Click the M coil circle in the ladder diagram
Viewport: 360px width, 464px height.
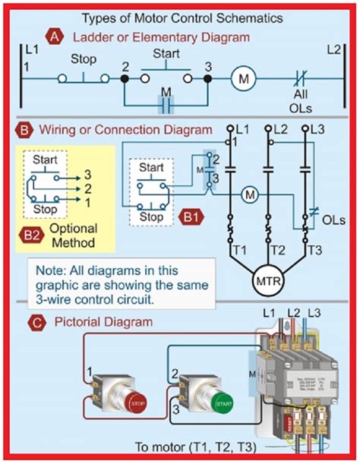click(x=244, y=78)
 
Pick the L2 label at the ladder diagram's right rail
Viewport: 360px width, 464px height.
click(x=336, y=50)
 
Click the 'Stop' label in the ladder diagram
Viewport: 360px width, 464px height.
click(x=83, y=58)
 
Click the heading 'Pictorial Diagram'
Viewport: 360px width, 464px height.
click(x=102, y=322)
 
